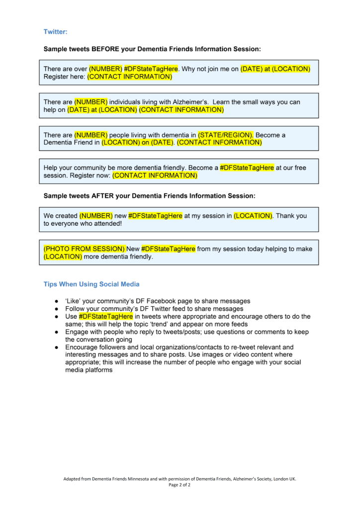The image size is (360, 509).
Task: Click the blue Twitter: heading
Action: click(x=55, y=32)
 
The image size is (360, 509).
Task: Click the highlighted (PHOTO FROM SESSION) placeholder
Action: click(x=84, y=249)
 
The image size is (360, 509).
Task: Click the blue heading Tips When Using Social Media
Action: click(x=91, y=284)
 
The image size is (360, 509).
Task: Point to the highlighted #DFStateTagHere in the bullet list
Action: click(x=105, y=316)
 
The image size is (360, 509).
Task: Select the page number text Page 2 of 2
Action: click(x=180, y=485)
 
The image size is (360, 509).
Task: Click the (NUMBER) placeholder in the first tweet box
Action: click(x=105, y=69)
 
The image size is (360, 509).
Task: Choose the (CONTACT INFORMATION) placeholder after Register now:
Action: click(x=155, y=175)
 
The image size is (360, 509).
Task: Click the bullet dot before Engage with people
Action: click(x=57, y=332)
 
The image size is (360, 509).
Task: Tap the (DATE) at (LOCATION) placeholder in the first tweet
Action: click(x=275, y=69)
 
